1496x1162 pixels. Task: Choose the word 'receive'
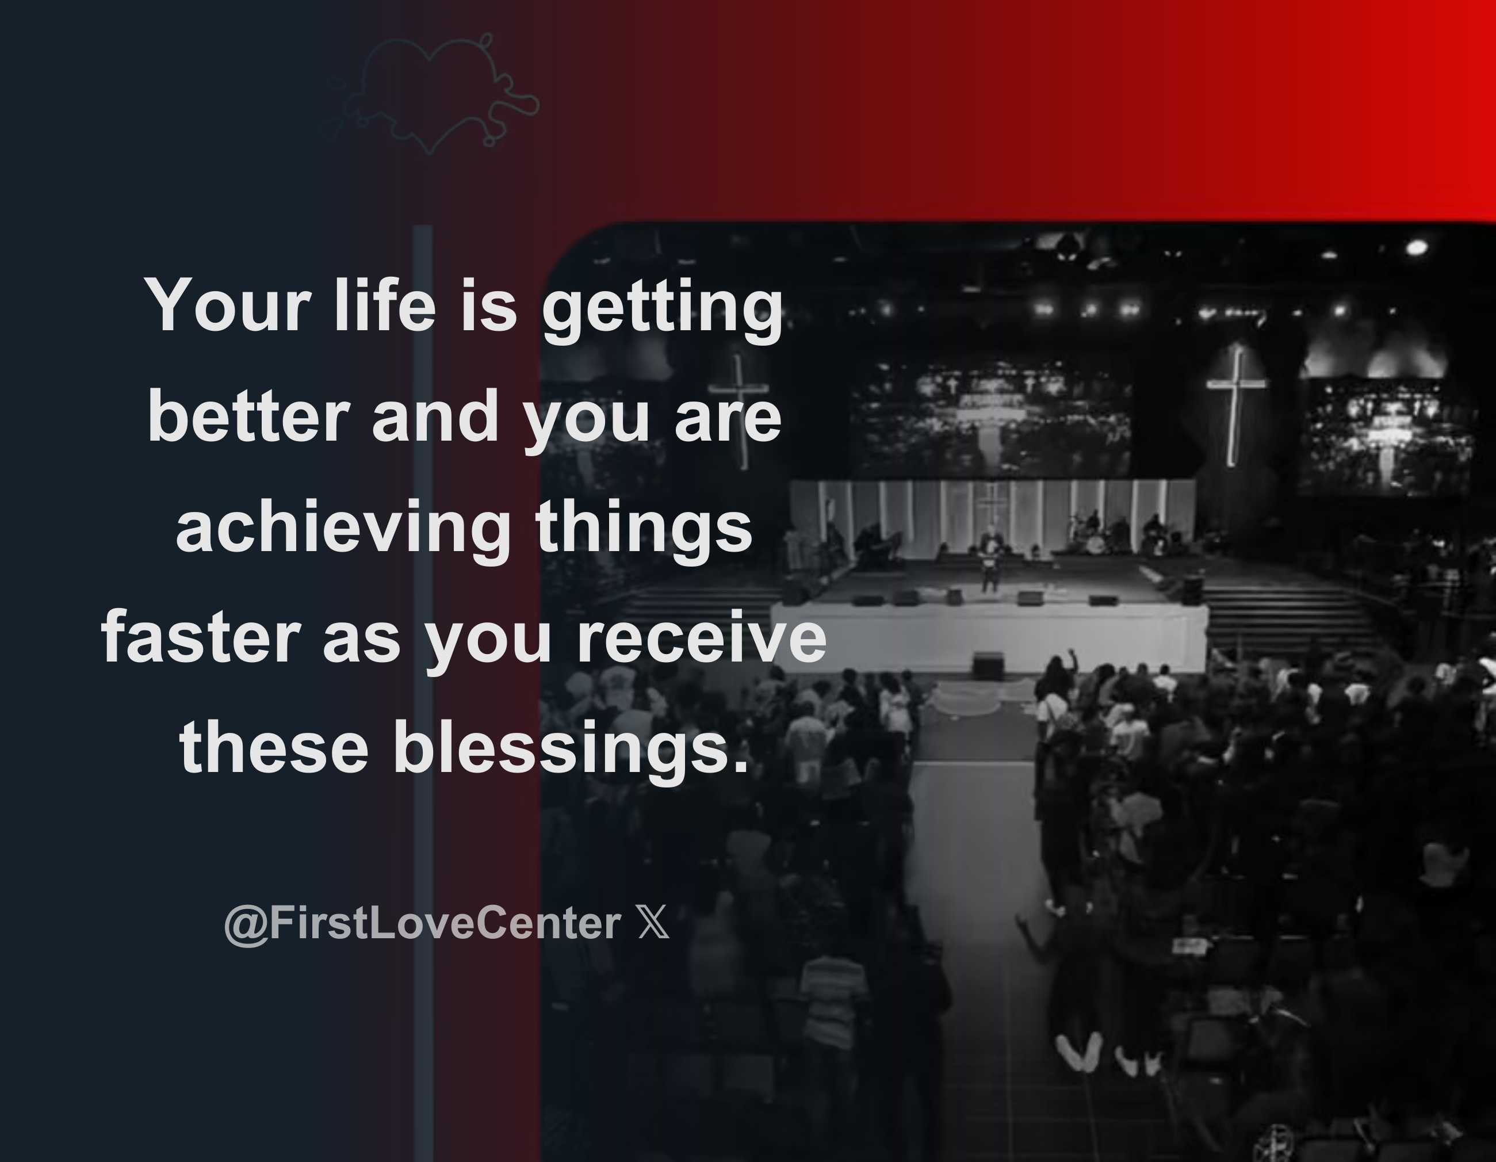pos(702,639)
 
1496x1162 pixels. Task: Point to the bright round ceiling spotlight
pos(1416,247)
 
